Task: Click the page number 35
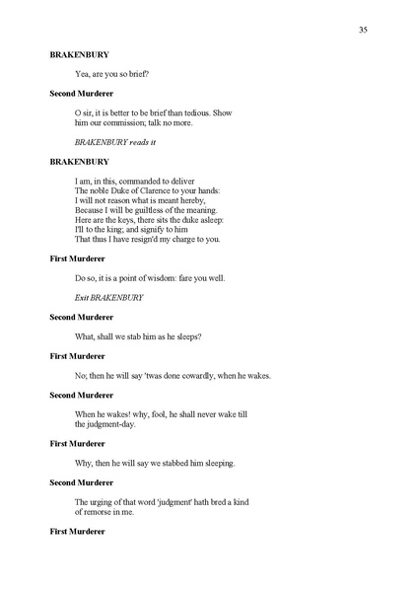tap(363, 30)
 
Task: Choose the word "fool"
tap(155, 413)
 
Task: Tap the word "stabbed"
tap(174, 463)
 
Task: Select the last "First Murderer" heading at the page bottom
tap(78, 532)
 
